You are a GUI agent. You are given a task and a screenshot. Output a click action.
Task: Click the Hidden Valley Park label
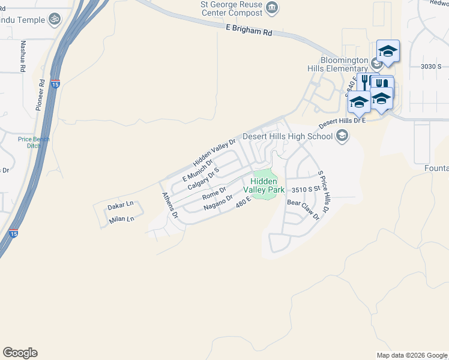267,185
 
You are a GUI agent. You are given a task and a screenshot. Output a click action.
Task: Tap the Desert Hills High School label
287,136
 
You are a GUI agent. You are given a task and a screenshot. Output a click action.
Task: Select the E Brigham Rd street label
249,31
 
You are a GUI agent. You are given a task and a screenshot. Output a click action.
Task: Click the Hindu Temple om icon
55,19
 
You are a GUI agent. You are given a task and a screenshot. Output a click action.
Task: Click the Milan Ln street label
122,220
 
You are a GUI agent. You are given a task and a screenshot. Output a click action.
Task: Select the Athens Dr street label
170,206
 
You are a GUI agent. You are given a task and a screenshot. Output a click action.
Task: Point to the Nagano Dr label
217,202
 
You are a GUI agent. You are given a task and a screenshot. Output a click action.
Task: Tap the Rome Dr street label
214,193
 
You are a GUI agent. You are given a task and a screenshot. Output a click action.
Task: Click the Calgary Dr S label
203,178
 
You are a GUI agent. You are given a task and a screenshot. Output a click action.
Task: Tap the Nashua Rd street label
23,57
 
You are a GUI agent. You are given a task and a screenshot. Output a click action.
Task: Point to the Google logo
20,352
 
